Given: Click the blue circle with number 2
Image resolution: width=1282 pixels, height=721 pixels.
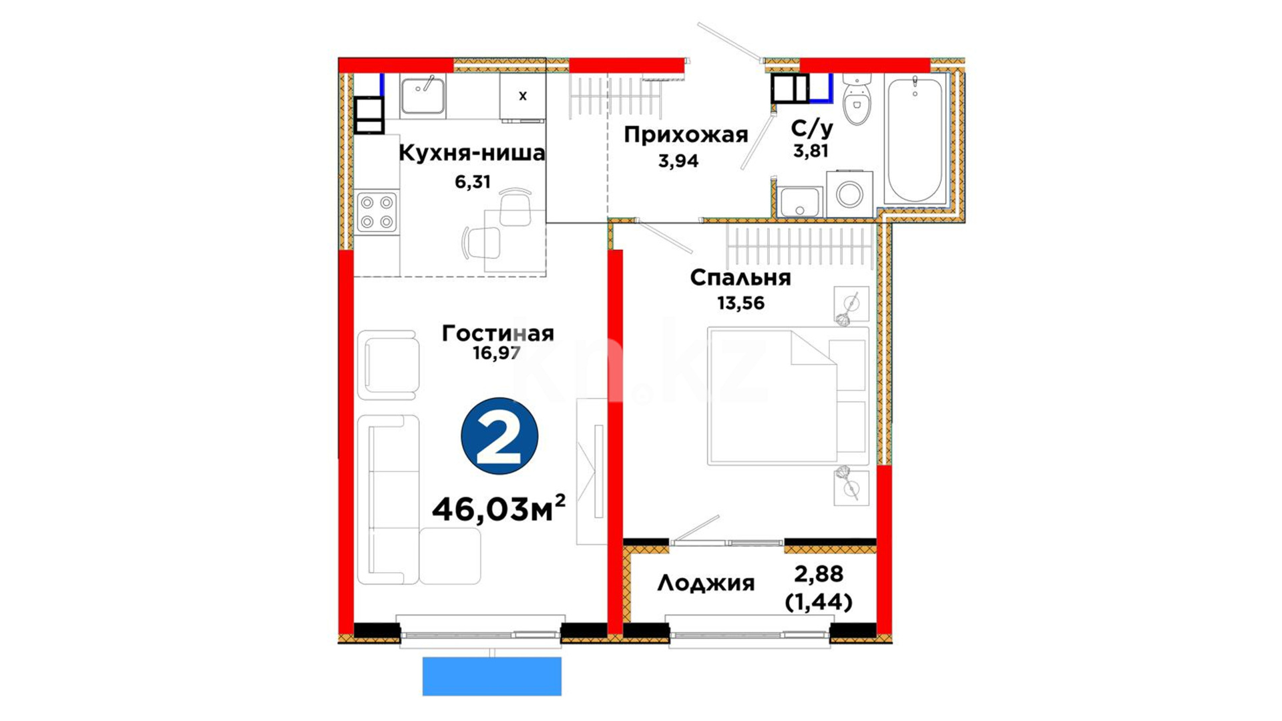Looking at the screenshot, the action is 499,436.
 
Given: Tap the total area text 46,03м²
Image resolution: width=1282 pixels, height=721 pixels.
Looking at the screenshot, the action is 499,509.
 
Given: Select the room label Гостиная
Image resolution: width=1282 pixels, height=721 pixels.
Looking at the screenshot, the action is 498,333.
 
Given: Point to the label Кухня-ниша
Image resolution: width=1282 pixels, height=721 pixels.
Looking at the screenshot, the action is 472,153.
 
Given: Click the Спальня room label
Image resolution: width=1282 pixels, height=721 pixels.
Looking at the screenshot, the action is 740,278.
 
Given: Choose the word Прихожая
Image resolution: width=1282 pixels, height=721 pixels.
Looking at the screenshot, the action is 686,136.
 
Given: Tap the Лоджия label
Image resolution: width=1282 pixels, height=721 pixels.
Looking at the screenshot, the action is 706,583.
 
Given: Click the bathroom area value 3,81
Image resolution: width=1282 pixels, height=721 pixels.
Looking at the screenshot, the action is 811,151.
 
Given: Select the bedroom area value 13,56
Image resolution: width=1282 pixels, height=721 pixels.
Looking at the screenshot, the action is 740,303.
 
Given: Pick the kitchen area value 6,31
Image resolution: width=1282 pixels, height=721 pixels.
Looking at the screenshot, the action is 473,182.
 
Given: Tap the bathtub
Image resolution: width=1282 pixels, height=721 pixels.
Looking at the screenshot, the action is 915,139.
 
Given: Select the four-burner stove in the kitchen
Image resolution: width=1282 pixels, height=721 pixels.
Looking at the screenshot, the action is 377,212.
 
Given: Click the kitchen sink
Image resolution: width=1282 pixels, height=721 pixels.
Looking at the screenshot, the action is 423,96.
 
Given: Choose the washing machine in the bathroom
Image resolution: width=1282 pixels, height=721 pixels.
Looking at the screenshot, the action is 849,194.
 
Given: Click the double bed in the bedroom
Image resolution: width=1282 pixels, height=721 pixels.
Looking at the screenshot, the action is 788,396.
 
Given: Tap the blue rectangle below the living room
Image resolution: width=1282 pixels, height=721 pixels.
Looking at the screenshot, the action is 492,676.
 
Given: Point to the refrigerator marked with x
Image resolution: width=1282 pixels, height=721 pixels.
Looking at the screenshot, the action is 523,97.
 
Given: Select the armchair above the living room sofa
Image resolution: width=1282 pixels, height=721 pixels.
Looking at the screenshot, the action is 388,365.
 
